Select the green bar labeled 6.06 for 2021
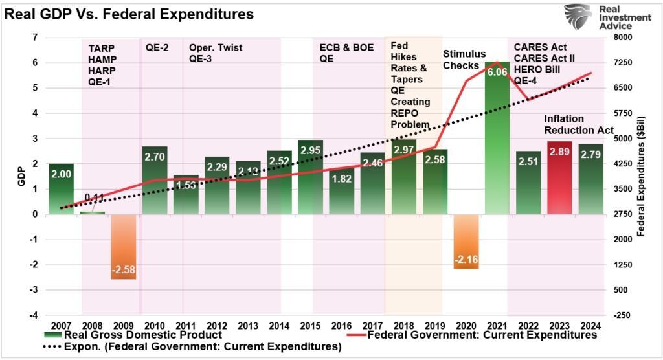[x=497, y=142]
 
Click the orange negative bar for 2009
[x=123, y=246]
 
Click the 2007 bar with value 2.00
[x=61, y=188]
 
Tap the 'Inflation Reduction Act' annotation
[x=578, y=124]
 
